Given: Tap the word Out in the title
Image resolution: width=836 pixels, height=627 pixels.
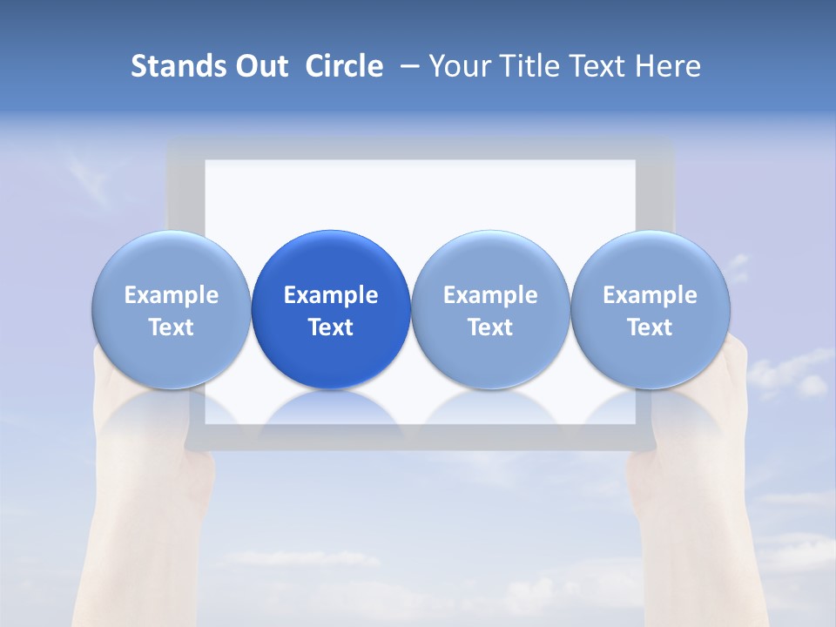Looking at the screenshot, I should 260,66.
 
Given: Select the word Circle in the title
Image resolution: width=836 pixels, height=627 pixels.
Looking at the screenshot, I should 344,66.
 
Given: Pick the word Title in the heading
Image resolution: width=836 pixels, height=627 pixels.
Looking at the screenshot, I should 525,66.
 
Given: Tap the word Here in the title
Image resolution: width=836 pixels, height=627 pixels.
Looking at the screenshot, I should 667,66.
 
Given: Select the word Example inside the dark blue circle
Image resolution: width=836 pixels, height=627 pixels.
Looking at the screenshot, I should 331,295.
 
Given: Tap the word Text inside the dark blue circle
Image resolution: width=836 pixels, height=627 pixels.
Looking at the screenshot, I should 331,327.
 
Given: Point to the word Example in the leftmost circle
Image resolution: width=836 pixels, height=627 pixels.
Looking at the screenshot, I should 172,295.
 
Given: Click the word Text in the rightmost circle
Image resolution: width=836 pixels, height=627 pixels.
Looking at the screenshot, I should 651,327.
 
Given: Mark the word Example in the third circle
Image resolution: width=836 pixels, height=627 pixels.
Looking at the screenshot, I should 490,295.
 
